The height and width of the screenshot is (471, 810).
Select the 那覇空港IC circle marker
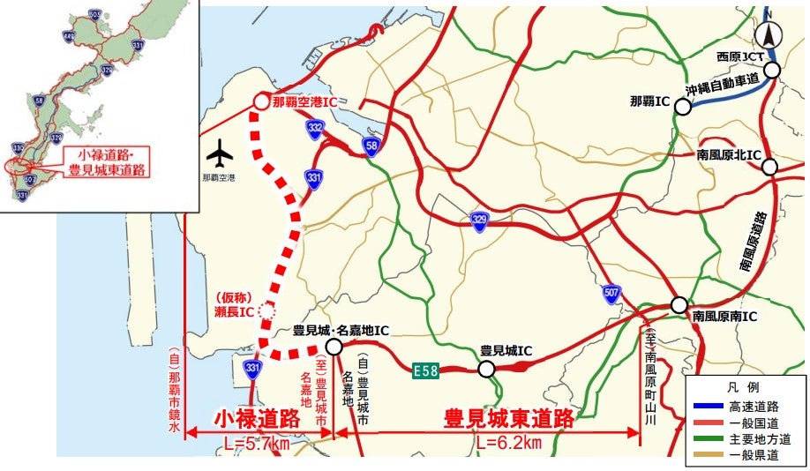pyautogui.click(x=261, y=102)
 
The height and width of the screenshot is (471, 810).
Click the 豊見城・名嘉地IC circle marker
pyautogui.click(x=334, y=348)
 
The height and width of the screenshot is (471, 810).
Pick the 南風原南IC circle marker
pyautogui.click(x=679, y=305)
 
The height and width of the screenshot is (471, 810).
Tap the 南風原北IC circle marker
pyautogui.click(x=769, y=167)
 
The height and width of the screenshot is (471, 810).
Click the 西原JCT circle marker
pyautogui.click(x=772, y=70)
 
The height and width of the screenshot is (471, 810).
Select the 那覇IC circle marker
pyautogui.click(x=682, y=108)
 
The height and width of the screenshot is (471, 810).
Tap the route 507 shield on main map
pyautogui.click(x=611, y=292)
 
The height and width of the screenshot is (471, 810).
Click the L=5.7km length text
pyautogui.click(x=256, y=443)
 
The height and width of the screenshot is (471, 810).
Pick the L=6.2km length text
pyautogui.click(x=509, y=443)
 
